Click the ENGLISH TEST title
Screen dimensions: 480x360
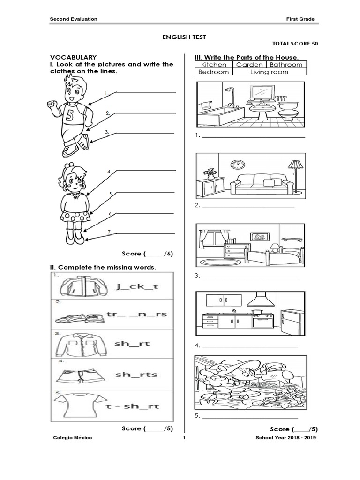point(180,36)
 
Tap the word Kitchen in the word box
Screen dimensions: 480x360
point(213,64)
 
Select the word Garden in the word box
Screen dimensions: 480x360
point(249,64)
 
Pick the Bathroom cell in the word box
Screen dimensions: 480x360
point(286,64)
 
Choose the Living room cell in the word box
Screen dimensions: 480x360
point(269,72)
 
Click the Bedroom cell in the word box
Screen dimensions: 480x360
point(214,72)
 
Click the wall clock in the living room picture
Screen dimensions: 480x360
point(238,164)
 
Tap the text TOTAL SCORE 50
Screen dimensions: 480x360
point(295,44)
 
